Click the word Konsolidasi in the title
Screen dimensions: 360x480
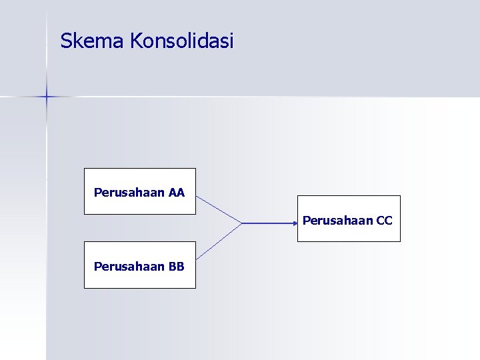click(x=182, y=41)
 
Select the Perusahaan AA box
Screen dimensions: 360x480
click(x=140, y=191)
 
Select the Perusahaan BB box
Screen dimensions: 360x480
click(x=140, y=265)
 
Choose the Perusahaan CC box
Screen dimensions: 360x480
click(x=349, y=219)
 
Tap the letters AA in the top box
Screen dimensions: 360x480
click(x=177, y=193)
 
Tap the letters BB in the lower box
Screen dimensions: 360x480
click(x=177, y=266)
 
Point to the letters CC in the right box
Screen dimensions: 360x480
click(x=385, y=220)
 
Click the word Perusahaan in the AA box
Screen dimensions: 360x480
click(x=129, y=193)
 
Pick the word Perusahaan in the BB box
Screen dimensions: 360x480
click(x=129, y=266)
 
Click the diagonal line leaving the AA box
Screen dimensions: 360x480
click(x=219, y=209)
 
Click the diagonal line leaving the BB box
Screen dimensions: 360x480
click(x=219, y=241)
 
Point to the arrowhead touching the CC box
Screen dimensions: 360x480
click(x=294, y=223)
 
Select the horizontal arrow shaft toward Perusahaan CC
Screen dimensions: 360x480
click(x=267, y=223)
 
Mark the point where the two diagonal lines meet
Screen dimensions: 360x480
click(x=241, y=223)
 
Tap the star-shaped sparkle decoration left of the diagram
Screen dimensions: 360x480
click(x=47, y=97)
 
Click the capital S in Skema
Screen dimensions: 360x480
click(x=65, y=41)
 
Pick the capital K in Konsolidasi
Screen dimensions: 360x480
click(x=136, y=41)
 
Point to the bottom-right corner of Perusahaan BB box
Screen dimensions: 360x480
click(x=195, y=288)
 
